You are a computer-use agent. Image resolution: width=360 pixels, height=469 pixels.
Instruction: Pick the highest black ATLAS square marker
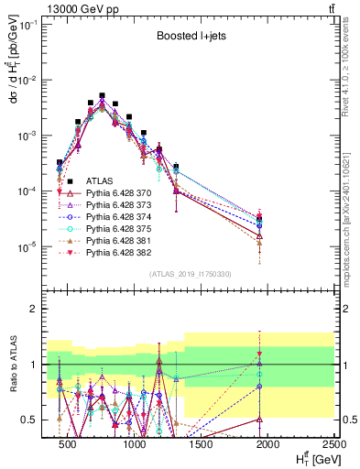pyautogui.click(x=102, y=95)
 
